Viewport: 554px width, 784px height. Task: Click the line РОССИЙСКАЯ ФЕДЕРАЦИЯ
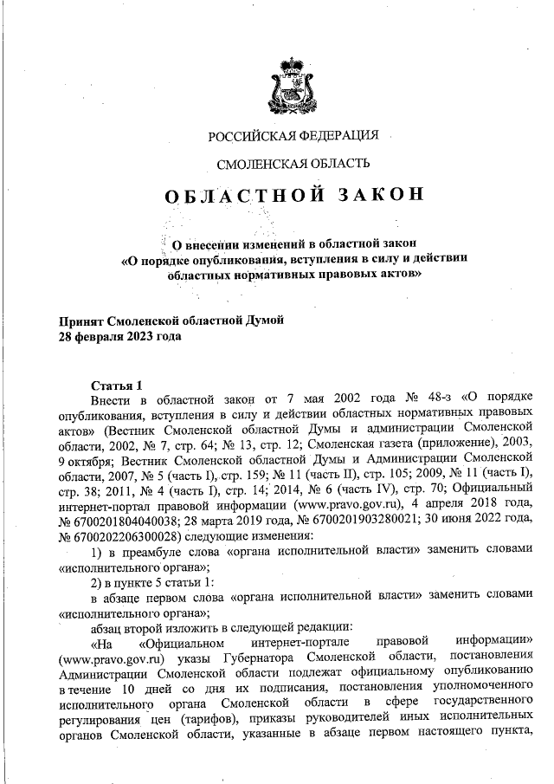293,135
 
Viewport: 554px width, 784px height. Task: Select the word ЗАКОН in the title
381,195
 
